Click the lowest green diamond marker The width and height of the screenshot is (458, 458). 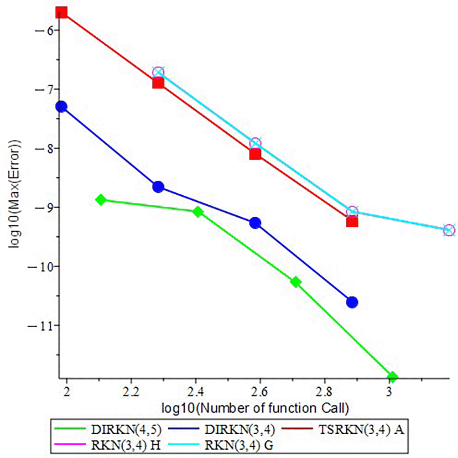coord(392,377)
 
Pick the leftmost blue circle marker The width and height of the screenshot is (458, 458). coord(61,106)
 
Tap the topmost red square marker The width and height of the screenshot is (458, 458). coord(62,12)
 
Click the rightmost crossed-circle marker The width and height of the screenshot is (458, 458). coord(449,230)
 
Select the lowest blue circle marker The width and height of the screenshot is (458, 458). coord(352,302)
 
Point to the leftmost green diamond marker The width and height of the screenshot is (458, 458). coord(101,200)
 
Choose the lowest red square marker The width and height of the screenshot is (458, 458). coord(352,222)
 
